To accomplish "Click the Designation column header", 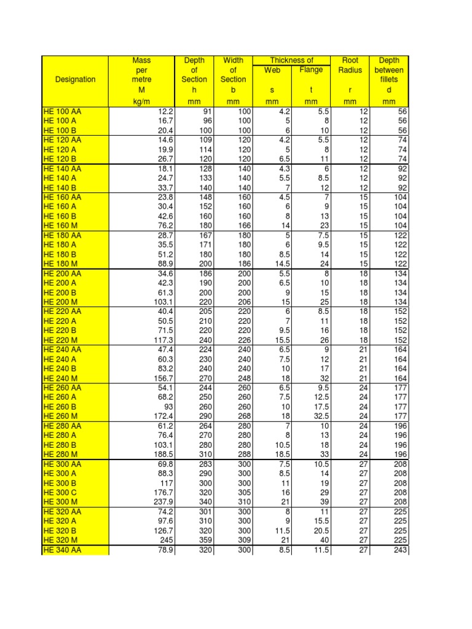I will pos(75,79).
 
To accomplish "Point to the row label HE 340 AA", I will pos(62,550).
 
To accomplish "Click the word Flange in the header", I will pos(311,70).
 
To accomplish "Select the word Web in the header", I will pos(272,70).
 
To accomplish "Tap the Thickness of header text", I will pos(292,60).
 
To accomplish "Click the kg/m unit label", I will pos(141,102).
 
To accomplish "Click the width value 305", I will pos(237,493).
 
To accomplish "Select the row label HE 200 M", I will pos(60,303).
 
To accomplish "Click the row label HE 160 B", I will pos(60,217).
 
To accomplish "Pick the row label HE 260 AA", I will pos(62,388).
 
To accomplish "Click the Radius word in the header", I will pos(350,70).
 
